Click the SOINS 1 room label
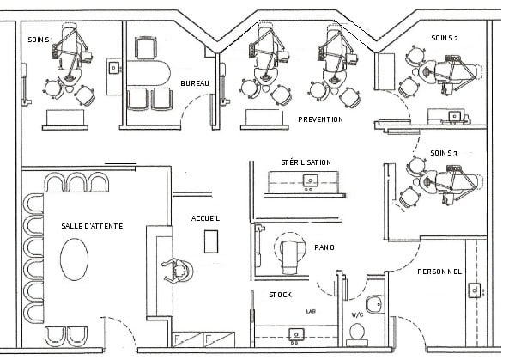pos(40,40)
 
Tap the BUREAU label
pos(195,83)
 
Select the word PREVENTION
pos(320,119)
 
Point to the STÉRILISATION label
pos(306,162)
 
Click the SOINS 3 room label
pos(444,153)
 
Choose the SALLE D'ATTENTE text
pos(92,226)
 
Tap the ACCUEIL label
pos(205,218)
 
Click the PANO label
pos(324,247)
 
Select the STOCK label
pos(280,295)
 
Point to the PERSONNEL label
pos(439,272)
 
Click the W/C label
pos(357,314)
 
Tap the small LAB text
pos(311,312)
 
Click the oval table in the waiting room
pos(75,259)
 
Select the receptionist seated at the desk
pos(177,271)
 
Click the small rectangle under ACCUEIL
pos(211,241)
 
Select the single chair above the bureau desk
pos(146,48)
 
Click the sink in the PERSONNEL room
pos(475,290)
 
